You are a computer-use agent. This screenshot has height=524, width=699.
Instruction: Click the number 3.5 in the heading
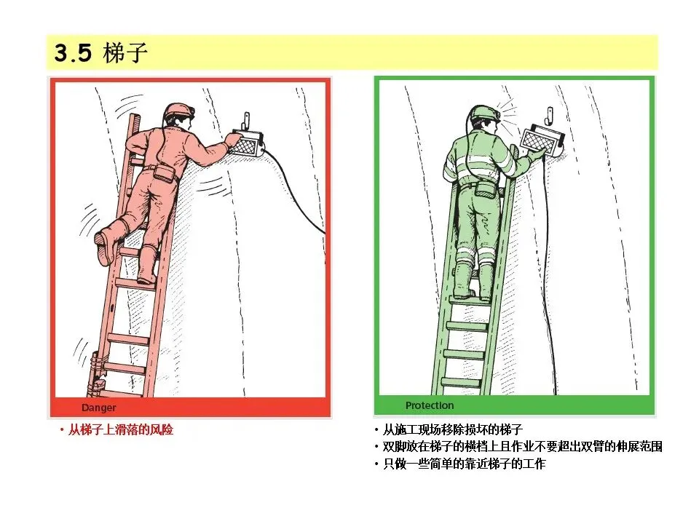click(x=73, y=52)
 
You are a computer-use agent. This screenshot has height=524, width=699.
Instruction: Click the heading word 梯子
click(x=125, y=52)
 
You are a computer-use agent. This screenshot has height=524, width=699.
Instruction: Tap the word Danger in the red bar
click(x=98, y=408)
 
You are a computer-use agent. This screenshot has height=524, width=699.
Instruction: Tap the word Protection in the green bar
click(x=430, y=405)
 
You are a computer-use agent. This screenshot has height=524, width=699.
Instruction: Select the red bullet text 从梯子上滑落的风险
click(x=120, y=430)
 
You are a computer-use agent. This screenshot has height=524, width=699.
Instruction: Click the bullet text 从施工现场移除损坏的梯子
click(x=452, y=429)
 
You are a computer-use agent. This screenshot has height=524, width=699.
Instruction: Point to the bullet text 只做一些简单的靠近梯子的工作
click(x=464, y=464)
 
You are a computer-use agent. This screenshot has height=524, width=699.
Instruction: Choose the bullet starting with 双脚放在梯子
click(x=523, y=446)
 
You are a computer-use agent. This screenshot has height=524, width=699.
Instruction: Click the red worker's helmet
click(x=179, y=111)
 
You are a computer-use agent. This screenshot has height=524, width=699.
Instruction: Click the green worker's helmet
click(x=485, y=113)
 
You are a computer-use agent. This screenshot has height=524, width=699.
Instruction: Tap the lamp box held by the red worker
click(x=248, y=143)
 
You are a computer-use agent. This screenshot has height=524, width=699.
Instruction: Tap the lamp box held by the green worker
click(x=542, y=140)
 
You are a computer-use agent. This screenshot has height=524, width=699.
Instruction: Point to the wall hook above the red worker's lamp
click(x=245, y=120)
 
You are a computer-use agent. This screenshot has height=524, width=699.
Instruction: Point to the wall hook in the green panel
click(x=550, y=116)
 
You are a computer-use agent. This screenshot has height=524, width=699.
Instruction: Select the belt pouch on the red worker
click(x=164, y=173)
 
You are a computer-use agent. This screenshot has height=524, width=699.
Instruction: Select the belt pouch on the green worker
click(x=484, y=190)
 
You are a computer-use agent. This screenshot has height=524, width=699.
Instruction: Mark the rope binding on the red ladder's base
click(x=97, y=374)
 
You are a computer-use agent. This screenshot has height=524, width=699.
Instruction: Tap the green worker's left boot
click(x=464, y=279)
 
